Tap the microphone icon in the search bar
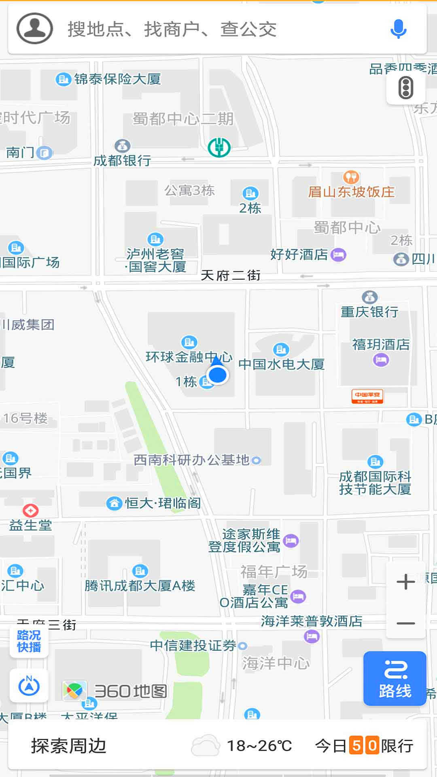tap(398, 29)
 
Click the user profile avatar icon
tap(35, 29)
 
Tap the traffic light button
tap(405, 87)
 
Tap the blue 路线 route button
tap(395, 679)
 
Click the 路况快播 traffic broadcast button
tap(29, 641)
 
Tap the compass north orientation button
tap(29, 686)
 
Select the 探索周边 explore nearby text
tap(69, 745)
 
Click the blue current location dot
tap(218, 374)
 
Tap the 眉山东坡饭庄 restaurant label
tap(351, 191)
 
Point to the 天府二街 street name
tap(231, 276)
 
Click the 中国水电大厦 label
tap(282, 364)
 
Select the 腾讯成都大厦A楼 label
tap(140, 586)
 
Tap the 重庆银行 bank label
tap(369, 312)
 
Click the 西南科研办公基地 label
tap(192, 460)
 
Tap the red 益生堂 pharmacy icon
tap(30, 511)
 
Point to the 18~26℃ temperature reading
tap(259, 745)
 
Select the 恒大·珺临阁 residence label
tap(163, 503)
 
